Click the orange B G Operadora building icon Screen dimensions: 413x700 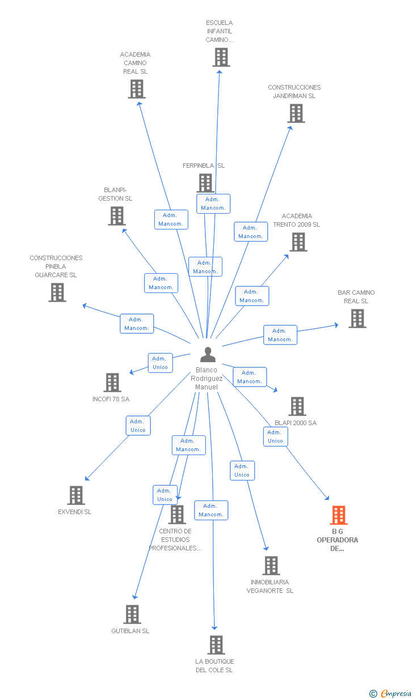(339, 515)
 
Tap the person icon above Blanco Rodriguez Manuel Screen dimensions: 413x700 (208, 354)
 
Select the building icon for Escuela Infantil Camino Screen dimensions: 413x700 (221, 57)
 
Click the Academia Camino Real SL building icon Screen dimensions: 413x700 (137, 89)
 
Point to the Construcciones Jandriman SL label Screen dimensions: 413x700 (294, 92)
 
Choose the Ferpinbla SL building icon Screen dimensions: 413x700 (205, 183)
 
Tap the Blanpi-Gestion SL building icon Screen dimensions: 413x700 (117, 216)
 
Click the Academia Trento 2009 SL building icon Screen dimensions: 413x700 (298, 242)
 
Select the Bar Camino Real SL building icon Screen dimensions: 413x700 (357, 319)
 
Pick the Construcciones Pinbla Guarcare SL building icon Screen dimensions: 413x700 (57, 292)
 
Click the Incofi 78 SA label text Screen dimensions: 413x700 (111, 399)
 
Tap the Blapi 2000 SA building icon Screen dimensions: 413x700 (297, 406)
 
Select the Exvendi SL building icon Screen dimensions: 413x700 (76, 495)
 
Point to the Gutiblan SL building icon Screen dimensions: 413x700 (132, 614)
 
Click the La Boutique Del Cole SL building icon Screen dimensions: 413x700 (216, 645)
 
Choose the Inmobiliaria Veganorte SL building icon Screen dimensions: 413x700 (271, 566)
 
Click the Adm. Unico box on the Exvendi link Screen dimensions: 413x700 (138, 426)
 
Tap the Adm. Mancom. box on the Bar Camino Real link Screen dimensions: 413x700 (280, 335)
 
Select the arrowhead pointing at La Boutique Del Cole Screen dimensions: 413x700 (214, 628)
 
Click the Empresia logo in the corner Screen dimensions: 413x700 (391, 693)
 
